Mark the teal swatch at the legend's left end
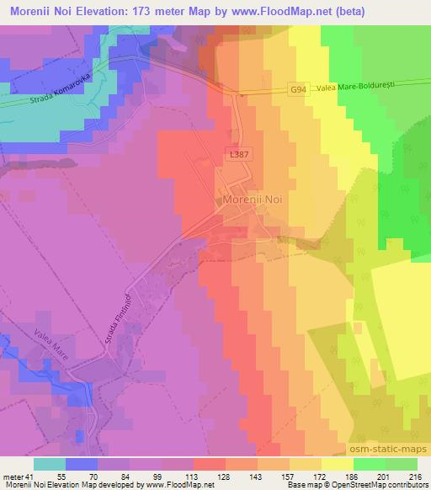pos(49,463)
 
